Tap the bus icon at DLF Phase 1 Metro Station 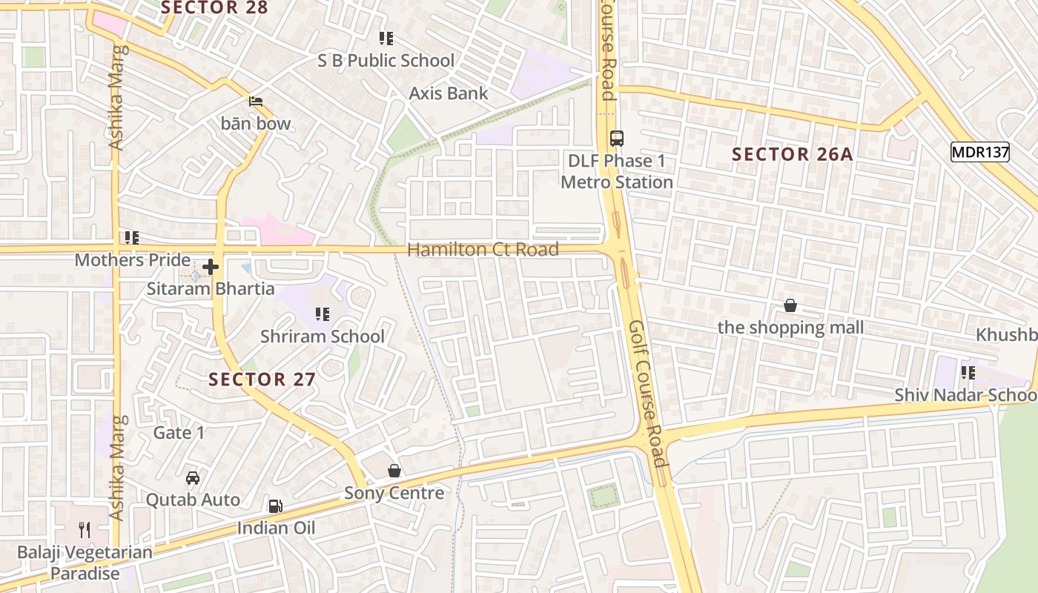pos(616,138)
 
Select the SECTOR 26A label pos(792,154)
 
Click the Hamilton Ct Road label pos(483,250)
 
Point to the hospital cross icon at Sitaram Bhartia pos(211,267)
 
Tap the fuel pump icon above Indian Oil pos(275,506)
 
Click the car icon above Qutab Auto pos(193,478)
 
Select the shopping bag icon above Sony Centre pos(394,471)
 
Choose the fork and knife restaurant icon pos(85,529)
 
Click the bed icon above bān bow pos(256,102)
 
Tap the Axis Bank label pos(449,93)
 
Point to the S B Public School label pos(386,61)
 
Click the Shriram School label pos(322,337)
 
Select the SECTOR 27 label pos(262,380)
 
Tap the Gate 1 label pos(179,432)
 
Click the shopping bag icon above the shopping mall pos(790,305)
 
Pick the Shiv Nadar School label pos(964,394)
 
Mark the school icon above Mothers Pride pos(132,238)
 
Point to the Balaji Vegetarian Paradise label pos(85,563)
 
